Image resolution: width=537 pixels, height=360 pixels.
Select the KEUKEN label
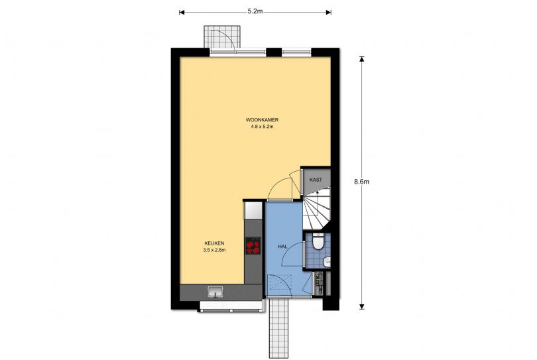click(214, 243)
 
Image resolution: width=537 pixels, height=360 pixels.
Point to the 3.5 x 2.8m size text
click(214, 250)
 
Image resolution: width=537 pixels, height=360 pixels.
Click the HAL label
click(282, 246)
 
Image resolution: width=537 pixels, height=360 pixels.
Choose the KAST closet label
click(316, 180)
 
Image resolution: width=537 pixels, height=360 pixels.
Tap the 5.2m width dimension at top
click(255, 11)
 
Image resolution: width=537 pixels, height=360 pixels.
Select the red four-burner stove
click(253, 247)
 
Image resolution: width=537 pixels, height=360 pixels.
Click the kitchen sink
click(215, 291)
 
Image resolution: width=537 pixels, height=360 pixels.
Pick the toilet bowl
click(318, 243)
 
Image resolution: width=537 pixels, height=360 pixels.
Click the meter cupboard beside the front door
click(321, 284)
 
